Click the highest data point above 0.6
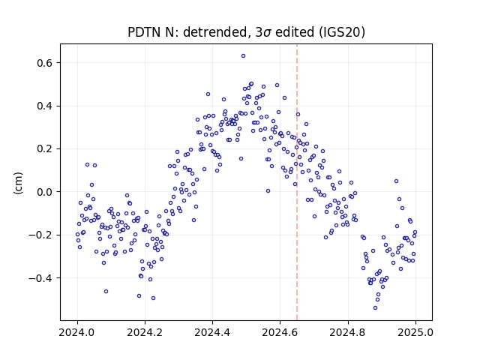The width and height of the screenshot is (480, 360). (x=243, y=56)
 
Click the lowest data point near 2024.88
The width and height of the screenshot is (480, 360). (x=375, y=308)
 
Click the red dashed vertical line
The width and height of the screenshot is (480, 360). (x=297, y=182)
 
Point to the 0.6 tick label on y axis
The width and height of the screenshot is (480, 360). (x=45, y=63)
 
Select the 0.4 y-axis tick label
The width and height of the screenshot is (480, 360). (x=45, y=106)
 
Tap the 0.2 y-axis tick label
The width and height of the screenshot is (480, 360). (x=45, y=149)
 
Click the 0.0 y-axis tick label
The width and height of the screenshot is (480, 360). (x=45, y=192)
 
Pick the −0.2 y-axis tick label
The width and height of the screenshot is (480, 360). (x=40, y=235)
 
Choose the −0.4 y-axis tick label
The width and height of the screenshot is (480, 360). (x=40, y=278)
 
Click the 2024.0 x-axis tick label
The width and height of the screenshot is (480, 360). (x=77, y=332)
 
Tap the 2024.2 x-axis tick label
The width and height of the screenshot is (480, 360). (x=145, y=332)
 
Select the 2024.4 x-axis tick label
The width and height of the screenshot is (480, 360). (x=212, y=332)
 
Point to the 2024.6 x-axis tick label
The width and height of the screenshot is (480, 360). (x=280, y=332)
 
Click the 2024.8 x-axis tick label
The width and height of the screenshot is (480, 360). (x=348, y=332)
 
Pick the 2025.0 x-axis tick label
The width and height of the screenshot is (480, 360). (x=415, y=332)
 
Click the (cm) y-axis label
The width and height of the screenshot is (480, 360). (x=18, y=183)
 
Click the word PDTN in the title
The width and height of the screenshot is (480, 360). (x=142, y=32)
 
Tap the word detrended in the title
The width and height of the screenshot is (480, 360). (x=215, y=32)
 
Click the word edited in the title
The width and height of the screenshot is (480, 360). (x=295, y=32)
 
